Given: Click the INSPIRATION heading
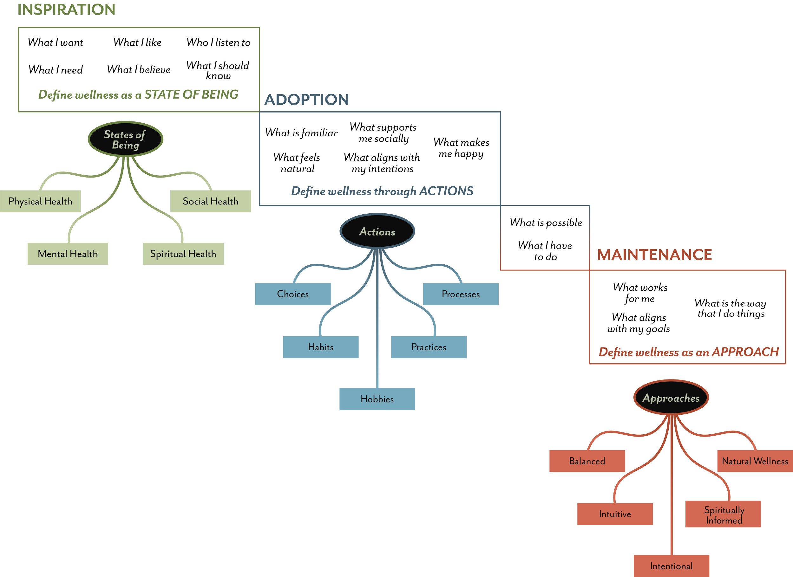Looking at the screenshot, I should pyautogui.click(x=66, y=10).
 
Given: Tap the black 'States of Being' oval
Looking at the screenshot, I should pyautogui.click(x=125, y=139).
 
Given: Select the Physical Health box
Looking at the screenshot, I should pyautogui.click(x=40, y=201).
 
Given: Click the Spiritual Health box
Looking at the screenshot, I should pyautogui.click(x=183, y=254).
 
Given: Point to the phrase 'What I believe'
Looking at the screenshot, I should pyautogui.click(x=139, y=69).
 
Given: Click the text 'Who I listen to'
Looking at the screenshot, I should pyautogui.click(x=218, y=42).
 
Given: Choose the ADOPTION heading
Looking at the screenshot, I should pyautogui.click(x=306, y=100).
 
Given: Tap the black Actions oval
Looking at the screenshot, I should pyautogui.click(x=377, y=232).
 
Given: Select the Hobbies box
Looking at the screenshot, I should pyautogui.click(x=377, y=399).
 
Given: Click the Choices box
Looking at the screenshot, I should pyautogui.click(x=293, y=294).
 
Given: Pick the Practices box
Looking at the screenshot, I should pyautogui.click(x=429, y=347).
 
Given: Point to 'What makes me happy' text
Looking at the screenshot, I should pyautogui.click(x=461, y=148).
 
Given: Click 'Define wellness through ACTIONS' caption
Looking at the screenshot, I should pyautogui.click(x=382, y=191).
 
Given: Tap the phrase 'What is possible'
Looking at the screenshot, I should pyautogui.click(x=546, y=222).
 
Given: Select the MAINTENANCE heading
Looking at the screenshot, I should pyautogui.click(x=654, y=255).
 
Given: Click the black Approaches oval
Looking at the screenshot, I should pyautogui.click(x=671, y=398).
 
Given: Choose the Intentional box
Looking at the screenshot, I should pyautogui.click(x=671, y=566).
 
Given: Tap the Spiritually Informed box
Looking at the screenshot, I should pyautogui.click(x=723, y=515).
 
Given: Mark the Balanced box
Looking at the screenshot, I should pyautogui.click(x=587, y=461).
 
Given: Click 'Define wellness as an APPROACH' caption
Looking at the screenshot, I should pyautogui.click(x=688, y=352).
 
